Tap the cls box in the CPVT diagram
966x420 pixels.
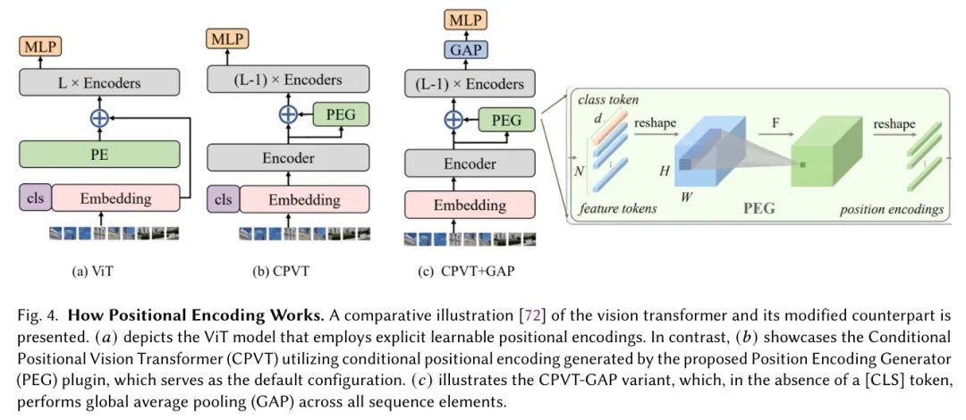[x=223, y=198]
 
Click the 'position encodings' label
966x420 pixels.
[x=891, y=210]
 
